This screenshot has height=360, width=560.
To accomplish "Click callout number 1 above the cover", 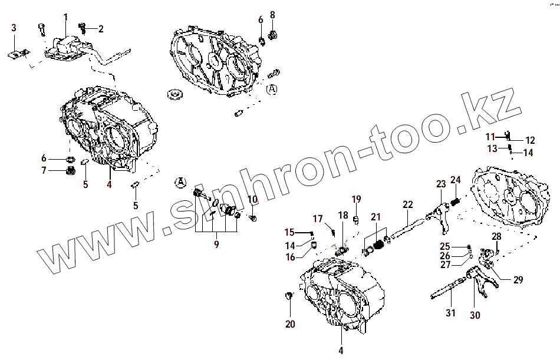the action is click(x=65, y=16).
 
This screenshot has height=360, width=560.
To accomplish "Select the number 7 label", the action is click(x=44, y=171).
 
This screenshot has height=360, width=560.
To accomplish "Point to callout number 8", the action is click(x=272, y=14).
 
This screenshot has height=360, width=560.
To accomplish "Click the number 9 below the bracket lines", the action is click(x=216, y=243).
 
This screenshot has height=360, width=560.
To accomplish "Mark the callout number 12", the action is click(x=530, y=140).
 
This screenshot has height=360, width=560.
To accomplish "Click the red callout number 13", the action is click(x=492, y=148).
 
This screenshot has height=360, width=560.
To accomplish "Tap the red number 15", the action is click(x=289, y=232).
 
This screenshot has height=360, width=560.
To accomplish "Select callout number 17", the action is click(x=318, y=219).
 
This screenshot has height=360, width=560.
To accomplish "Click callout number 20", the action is click(x=290, y=323).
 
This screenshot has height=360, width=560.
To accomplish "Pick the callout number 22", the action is click(x=408, y=204).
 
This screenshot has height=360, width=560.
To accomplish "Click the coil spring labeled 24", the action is click(x=454, y=203).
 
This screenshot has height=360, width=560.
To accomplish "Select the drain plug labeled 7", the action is click(x=69, y=171).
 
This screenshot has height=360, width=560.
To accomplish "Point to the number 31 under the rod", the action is click(x=450, y=313).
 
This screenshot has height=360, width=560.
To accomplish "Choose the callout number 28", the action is click(x=496, y=237).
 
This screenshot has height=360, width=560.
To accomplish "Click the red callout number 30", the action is click(x=475, y=315).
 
